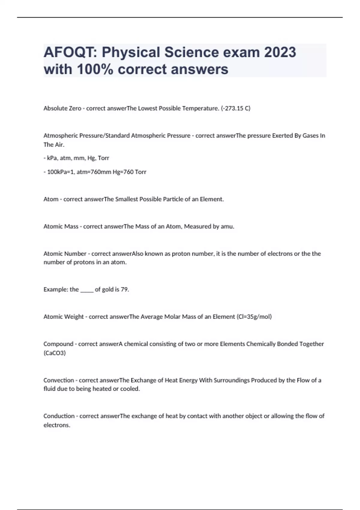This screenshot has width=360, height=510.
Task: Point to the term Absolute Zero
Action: (x=62, y=108)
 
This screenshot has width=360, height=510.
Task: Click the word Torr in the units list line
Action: (x=103, y=158)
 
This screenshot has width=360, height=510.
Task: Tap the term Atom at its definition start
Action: (x=51, y=199)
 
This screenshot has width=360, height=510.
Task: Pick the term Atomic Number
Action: (x=65, y=254)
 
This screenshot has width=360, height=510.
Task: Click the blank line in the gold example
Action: (x=87, y=290)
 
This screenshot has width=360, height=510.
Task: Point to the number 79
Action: (x=124, y=289)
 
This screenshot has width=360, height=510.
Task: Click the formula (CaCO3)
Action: (x=55, y=353)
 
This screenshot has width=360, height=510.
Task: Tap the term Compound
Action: (x=58, y=344)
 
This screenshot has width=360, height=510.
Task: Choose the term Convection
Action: (x=59, y=380)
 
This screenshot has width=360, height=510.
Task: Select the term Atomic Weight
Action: (x=64, y=317)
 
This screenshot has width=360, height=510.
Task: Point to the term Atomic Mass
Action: (x=61, y=226)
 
